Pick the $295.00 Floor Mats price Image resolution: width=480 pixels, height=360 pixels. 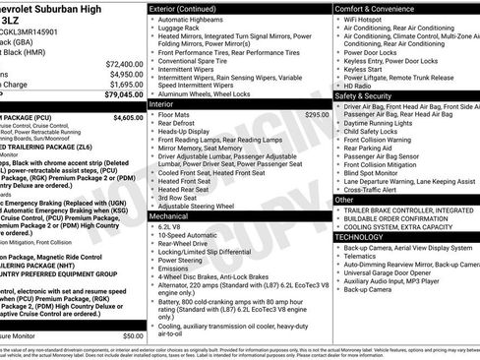(x=318, y=115)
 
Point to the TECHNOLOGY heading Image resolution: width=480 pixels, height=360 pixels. (x=359, y=237)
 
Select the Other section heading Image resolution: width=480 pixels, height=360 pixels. (x=344, y=199)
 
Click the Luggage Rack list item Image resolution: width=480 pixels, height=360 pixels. (x=183, y=30)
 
